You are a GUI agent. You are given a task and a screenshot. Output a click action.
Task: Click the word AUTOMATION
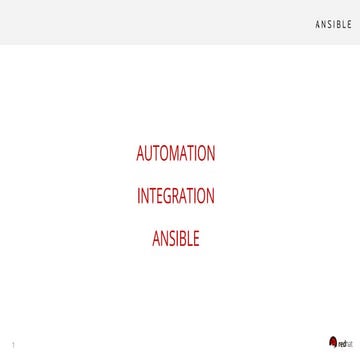pyautogui.click(x=175, y=155)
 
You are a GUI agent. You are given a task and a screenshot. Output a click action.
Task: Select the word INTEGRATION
pyautogui.click(x=175, y=196)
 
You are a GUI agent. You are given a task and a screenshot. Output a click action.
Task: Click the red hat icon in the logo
pyautogui.click(x=333, y=342)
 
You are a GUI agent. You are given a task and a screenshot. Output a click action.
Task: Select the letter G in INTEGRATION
pyautogui.click(x=167, y=196)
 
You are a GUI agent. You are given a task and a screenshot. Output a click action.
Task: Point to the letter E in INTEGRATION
pyautogui.click(x=158, y=196)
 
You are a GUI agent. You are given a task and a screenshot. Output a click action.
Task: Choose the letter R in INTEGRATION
pyautogui.click(x=176, y=196)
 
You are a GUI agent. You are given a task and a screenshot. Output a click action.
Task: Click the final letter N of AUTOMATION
pyautogui.click(x=210, y=155)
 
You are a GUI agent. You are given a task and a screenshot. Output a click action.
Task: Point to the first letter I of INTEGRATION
pyautogui.click(x=139, y=196)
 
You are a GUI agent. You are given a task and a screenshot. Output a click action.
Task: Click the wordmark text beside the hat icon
pyautogui.click(x=344, y=344)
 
